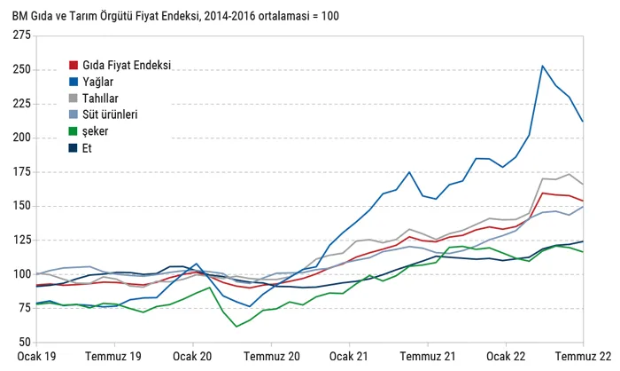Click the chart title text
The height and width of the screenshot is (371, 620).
(x=175, y=16)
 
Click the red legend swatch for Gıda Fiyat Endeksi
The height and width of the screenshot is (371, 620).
(x=74, y=65)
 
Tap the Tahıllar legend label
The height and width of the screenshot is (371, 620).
(x=100, y=99)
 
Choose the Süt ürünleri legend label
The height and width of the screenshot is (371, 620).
(x=110, y=114)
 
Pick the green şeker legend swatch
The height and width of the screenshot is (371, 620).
(x=74, y=131)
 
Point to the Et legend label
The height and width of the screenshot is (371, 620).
(x=87, y=148)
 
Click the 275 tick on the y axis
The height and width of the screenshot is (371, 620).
(x=22, y=36)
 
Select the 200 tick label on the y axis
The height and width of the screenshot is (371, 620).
(x=22, y=138)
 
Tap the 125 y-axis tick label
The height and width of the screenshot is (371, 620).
(x=22, y=240)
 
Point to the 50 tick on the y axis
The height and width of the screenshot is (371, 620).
(x=25, y=342)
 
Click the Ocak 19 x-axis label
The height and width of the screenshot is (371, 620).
(x=36, y=356)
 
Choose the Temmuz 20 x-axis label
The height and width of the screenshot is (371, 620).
(x=272, y=356)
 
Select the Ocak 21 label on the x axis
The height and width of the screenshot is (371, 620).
(x=349, y=356)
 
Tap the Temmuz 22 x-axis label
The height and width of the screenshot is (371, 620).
(x=583, y=356)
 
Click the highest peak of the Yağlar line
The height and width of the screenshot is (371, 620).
(x=542, y=66)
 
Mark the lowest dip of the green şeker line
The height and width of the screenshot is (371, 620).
(x=236, y=327)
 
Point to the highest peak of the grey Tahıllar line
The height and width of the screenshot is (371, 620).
(x=570, y=174)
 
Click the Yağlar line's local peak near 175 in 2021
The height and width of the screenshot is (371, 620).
(x=409, y=172)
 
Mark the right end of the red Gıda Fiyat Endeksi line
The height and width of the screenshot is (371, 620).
(x=583, y=201)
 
